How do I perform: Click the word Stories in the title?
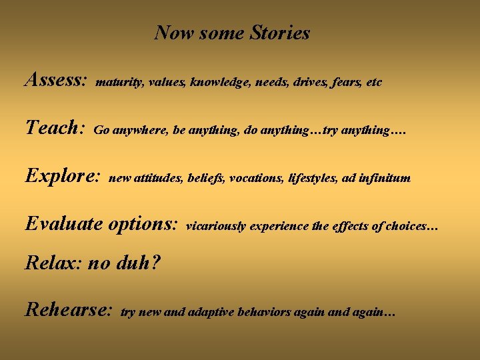(x=280, y=33)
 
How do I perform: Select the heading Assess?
(x=56, y=81)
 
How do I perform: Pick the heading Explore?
(x=63, y=176)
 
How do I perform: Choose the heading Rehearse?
(x=68, y=309)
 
